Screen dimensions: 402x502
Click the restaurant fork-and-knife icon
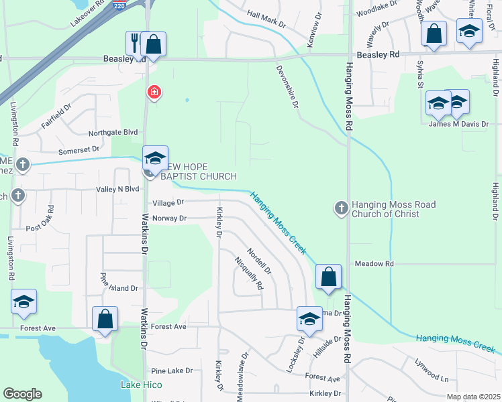pos(135,43)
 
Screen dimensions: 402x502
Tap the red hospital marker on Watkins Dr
pos(154,91)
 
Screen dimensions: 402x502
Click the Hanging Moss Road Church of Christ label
pos(385,209)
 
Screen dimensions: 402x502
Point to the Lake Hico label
pos(140,385)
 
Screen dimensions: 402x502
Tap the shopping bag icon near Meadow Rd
pos(328,277)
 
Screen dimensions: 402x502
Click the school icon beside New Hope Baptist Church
pos(155,159)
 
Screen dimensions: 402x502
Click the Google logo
pos(22,394)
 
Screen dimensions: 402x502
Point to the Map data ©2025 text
pos(473,397)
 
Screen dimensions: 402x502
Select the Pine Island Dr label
pos(119,288)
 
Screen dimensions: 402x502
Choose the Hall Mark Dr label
pos(266,23)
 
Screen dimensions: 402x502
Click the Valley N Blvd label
pos(117,190)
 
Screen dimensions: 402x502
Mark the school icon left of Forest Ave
pos(23,301)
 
